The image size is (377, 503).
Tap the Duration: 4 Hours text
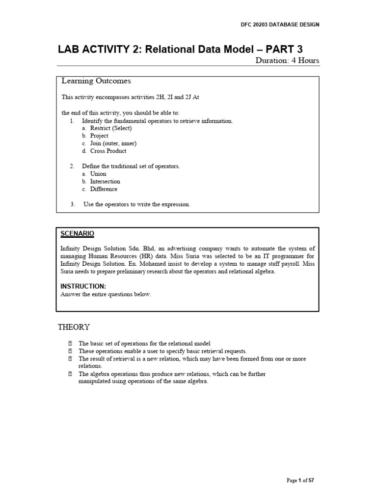[x=287, y=61]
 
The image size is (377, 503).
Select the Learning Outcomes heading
[x=96, y=81]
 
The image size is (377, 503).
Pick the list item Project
[x=100, y=136]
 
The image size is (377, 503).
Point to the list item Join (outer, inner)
[x=113, y=143]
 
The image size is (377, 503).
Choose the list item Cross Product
[x=108, y=151]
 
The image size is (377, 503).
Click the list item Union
[x=98, y=174]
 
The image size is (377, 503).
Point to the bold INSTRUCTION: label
[x=83, y=286]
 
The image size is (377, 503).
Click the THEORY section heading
[x=74, y=327]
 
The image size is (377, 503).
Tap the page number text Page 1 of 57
[x=300, y=481]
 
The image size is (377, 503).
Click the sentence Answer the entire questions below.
[x=106, y=294]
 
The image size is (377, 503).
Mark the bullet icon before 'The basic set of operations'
[x=70, y=343]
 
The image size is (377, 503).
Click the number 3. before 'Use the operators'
[x=73, y=204]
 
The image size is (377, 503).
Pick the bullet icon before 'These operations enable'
[x=70, y=351]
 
